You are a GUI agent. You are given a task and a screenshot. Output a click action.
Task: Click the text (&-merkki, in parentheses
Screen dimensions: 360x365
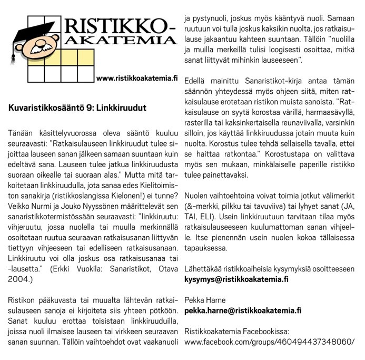[x=205, y=205]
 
